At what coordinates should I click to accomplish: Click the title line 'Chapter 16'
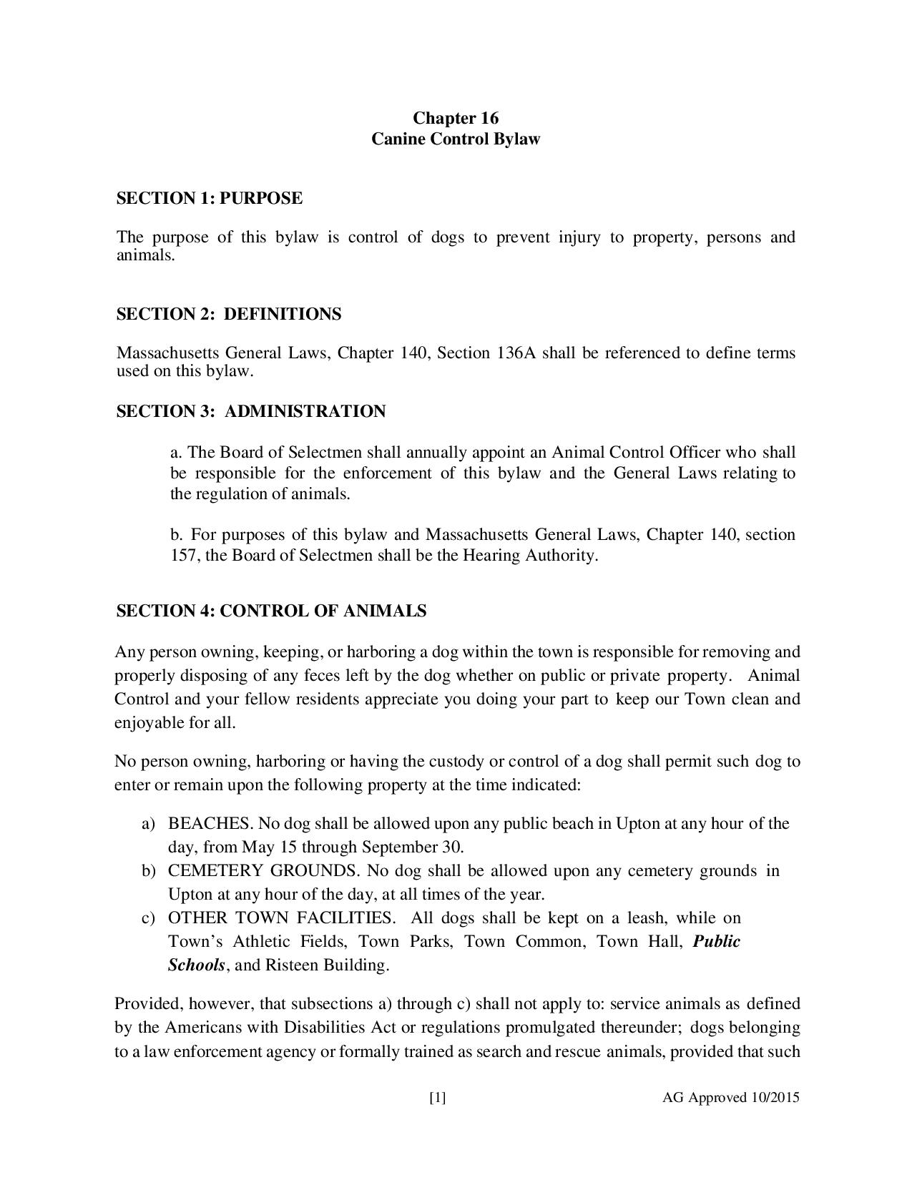pyautogui.click(x=456, y=118)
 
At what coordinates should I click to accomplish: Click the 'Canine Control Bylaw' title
pyautogui.click(x=456, y=139)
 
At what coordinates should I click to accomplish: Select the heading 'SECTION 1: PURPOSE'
pyautogui.click(x=209, y=198)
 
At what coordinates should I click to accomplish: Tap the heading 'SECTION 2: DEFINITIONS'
pyautogui.click(x=229, y=314)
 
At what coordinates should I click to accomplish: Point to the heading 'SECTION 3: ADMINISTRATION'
pyautogui.click(x=251, y=411)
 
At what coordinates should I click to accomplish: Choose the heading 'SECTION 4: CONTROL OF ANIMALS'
pyautogui.click(x=271, y=611)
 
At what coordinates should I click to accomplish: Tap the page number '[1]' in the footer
pyautogui.click(x=438, y=1098)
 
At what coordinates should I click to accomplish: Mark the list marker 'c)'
pyautogui.click(x=149, y=918)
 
